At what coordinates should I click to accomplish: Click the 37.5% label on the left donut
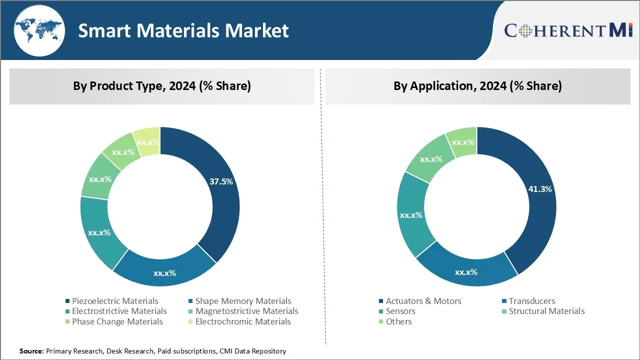point(221,181)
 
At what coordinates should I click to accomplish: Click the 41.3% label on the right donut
point(540,189)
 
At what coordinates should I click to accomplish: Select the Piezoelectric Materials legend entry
point(114,301)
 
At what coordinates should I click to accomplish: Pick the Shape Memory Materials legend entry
point(242,301)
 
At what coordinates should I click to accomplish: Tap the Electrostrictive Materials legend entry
point(119,311)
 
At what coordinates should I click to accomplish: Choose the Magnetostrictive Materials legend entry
point(246,311)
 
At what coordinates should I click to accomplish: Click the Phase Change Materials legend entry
point(117,321)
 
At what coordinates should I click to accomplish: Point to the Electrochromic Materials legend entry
point(242,321)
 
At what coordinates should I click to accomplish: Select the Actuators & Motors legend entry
point(423,301)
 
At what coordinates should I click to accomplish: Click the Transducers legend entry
point(531,301)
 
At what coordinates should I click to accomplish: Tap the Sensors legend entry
point(400,311)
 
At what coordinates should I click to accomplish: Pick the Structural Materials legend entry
point(546,311)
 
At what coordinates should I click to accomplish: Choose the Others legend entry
point(398,321)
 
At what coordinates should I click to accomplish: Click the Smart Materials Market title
point(183,30)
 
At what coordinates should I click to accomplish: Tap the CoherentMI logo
point(568,30)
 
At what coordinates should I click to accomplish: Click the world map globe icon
point(39,30)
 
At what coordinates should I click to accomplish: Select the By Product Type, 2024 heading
point(162,86)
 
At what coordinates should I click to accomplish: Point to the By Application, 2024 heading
point(477,86)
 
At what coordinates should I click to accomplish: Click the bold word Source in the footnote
point(31,351)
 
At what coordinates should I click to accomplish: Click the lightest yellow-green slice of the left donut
point(146,141)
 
